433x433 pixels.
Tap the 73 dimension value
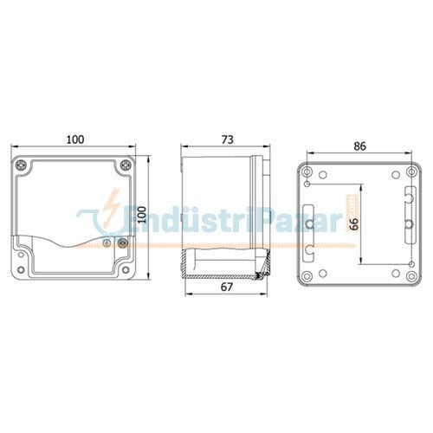tap(227, 140)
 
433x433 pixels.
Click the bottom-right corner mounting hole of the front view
tap(128, 275)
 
